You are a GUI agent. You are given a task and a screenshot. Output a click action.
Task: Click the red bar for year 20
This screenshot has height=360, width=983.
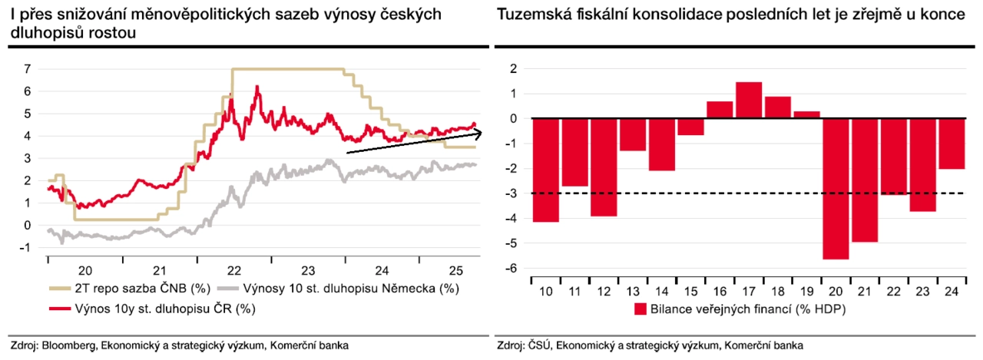pyautogui.click(x=836, y=188)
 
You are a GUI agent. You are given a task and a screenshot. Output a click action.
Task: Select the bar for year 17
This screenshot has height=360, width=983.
pyautogui.click(x=749, y=100)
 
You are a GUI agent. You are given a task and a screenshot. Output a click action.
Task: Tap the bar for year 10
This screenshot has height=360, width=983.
pyautogui.click(x=546, y=170)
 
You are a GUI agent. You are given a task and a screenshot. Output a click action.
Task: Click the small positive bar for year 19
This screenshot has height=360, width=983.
pyautogui.click(x=806, y=114)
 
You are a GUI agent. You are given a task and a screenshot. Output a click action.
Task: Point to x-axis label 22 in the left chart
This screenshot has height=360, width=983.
pyautogui.click(x=233, y=270)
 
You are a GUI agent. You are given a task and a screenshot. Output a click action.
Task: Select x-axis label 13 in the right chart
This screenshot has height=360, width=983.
pyautogui.click(x=633, y=291)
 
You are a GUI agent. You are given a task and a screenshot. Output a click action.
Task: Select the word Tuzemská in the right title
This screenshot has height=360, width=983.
pyautogui.click(x=530, y=16)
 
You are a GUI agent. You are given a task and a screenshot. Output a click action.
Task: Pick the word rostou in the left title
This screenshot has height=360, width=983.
pyautogui.click(x=117, y=33)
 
